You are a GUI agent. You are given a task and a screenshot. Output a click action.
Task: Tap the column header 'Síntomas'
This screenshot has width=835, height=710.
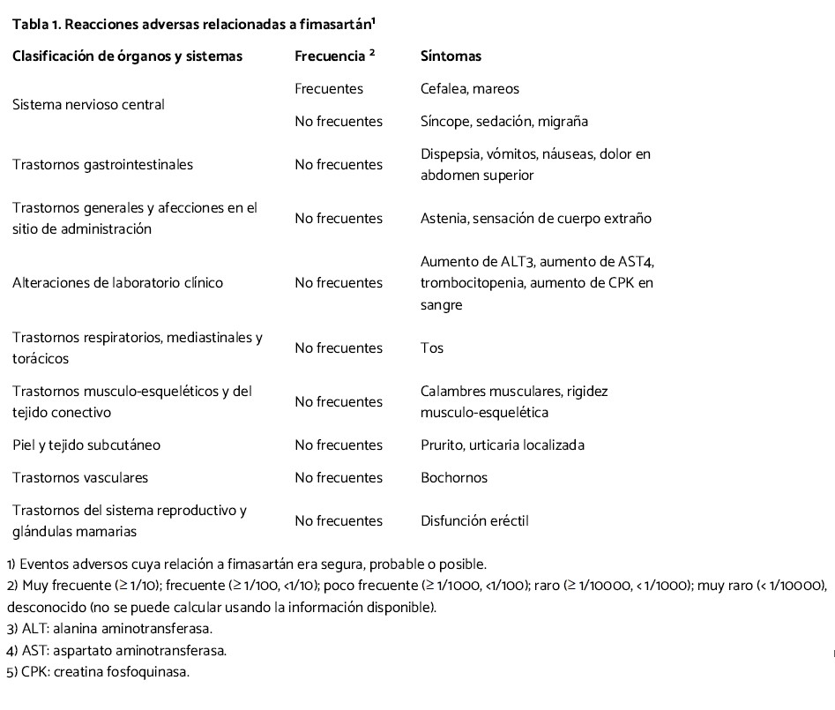[x=451, y=56]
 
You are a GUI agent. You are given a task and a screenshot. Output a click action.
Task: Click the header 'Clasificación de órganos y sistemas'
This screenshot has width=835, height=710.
[x=127, y=56]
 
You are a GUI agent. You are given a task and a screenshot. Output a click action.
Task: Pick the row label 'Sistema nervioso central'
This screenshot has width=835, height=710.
[x=88, y=104]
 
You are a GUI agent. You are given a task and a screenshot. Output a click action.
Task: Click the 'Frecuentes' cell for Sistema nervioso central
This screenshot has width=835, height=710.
[x=328, y=88]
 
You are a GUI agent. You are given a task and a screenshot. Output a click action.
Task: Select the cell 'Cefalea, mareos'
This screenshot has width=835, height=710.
[x=469, y=88]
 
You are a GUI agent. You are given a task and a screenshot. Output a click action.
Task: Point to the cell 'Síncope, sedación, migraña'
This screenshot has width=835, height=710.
[x=503, y=121]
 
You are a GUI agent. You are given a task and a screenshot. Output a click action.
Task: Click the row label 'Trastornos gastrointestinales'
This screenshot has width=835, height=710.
[x=102, y=164]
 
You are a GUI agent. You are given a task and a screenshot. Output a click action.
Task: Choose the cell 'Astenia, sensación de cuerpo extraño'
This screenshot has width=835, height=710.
[x=535, y=218]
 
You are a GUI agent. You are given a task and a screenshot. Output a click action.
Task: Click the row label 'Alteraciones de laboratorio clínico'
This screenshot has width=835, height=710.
[x=117, y=283]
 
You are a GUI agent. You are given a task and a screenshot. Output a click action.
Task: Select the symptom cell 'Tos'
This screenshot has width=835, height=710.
[x=432, y=348]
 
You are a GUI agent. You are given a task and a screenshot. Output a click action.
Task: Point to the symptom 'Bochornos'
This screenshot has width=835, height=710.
[x=454, y=477]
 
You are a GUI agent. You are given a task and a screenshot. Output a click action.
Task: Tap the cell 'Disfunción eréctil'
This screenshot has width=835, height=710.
[x=473, y=520]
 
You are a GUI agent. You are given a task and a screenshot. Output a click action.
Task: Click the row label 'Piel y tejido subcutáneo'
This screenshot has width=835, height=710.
[x=86, y=445]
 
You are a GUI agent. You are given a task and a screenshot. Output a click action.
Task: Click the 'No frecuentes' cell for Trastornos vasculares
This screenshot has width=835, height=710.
[x=339, y=477]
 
